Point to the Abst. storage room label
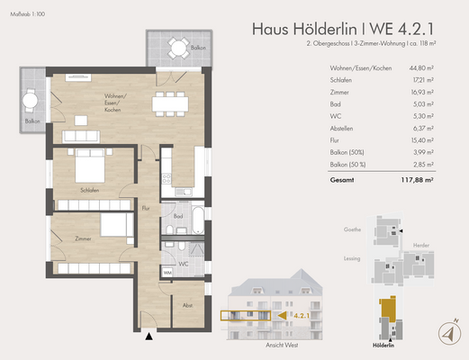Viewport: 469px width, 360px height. tap(186, 305)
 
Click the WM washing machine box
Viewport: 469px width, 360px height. tap(167, 271)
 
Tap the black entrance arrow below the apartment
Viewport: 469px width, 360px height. tap(149, 337)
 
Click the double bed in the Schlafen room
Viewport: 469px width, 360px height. tap(93, 167)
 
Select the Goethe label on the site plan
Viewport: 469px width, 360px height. tap(352, 229)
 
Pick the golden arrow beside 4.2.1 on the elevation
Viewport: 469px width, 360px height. tap(281, 316)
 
